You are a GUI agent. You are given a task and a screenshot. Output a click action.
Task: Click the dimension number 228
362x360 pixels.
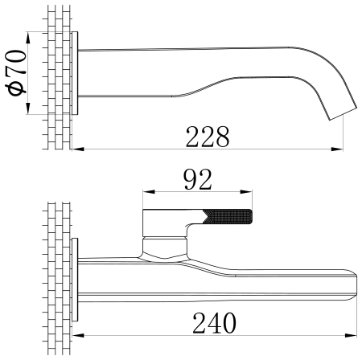[x=208, y=137]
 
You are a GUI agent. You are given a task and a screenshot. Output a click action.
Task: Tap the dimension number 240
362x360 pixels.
[x=215, y=323]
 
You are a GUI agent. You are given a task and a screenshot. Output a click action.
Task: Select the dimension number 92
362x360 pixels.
[x=198, y=179]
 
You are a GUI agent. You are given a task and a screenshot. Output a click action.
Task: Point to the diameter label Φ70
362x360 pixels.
[x=17, y=72]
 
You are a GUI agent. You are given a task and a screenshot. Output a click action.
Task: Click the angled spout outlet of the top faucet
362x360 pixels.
[x=343, y=114]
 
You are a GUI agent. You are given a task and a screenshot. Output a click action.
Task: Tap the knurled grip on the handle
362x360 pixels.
[x=228, y=216]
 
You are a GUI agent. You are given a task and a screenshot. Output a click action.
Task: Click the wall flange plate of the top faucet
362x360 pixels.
[x=75, y=73]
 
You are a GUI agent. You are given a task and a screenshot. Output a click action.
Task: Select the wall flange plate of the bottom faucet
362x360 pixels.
[x=75, y=280]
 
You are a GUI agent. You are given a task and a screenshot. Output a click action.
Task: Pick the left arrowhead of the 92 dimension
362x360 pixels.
[x=149, y=192]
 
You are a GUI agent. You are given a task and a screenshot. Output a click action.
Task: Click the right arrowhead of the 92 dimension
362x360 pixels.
[x=246, y=192]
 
